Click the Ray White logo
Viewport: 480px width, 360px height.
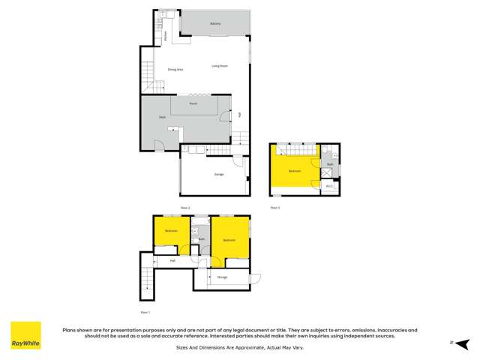pyautogui.click(x=25, y=336)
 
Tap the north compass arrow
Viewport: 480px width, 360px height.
pyautogui.click(x=453, y=341)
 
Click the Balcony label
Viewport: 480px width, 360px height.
pyautogui.click(x=215, y=24)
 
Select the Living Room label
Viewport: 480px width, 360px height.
pyautogui.click(x=219, y=66)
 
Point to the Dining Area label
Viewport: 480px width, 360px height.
pyautogui.click(x=175, y=69)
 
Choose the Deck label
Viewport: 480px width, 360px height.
pyautogui.click(x=161, y=118)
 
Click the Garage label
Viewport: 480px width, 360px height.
pyautogui.click(x=219, y=174)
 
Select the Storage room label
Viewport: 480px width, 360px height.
pyautogui.click(x=223, y=277)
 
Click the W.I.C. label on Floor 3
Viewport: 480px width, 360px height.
pyautogui.click(x=329, y=185)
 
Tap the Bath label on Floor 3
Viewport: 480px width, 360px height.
pyautogui.click(x=331, y=163)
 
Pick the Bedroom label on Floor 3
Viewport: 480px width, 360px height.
pyautogui.click(x=295, y=171)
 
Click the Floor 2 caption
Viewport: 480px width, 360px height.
pyautogui.click(x=185, y=207)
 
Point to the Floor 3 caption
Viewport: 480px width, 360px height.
pyautogui.click(x=274, y=207)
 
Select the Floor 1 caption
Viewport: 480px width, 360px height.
pyautogui.click(x=145, y=312)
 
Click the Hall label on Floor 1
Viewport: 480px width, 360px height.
pyautogui.click(x=172, y=261)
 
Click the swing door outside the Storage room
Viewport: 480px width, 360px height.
pyautogui.click(x=256, y=278)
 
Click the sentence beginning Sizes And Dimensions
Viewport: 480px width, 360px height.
pyautogui.click(x=240, y=347)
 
